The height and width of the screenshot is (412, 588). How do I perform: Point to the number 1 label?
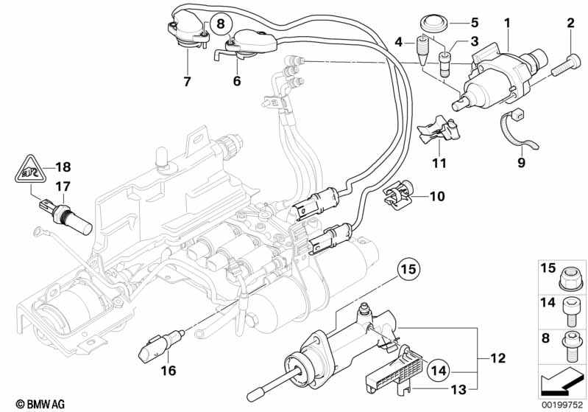coord(506,24)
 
